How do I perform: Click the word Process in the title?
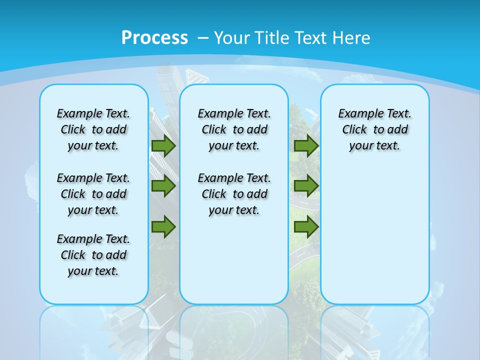pos(154,37)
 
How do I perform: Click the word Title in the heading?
pos(271,37)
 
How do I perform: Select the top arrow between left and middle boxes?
pos(163,145)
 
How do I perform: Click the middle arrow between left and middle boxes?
pos(163,186)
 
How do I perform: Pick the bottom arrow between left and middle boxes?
pos(163,226)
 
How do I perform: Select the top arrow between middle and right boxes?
pos(306,145)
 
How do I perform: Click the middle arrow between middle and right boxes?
pos(306,186)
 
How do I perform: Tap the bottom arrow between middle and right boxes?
pos(306,226)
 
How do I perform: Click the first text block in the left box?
pos(93,129)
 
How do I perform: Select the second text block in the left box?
pos(93,194)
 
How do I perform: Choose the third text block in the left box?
pos(93,255)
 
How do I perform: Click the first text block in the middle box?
pos(234,129)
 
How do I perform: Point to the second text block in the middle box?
pos(234,194)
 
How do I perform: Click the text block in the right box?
pos(374,129)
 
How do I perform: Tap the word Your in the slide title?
pos(232,37)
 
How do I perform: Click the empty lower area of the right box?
pos(374,235)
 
